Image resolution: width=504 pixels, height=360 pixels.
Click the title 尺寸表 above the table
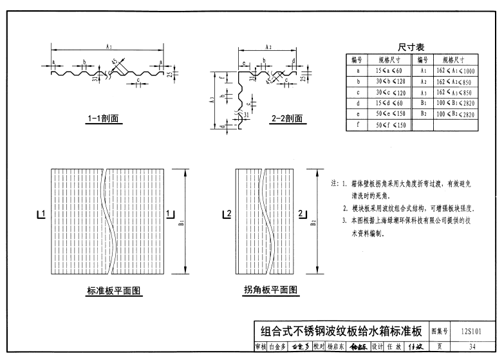[x=411, y=47]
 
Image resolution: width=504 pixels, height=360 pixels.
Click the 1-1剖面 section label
[x=106, y=118]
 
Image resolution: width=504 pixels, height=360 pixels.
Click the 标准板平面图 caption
[x=114, y=291]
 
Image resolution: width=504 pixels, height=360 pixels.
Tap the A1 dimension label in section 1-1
[x=109, y=46]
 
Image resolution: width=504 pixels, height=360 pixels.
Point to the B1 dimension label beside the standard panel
[x=182, y=223]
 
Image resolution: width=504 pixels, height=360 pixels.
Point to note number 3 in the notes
[x=345, y=221]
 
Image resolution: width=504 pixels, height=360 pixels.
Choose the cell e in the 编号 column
[x=357, y=114]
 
